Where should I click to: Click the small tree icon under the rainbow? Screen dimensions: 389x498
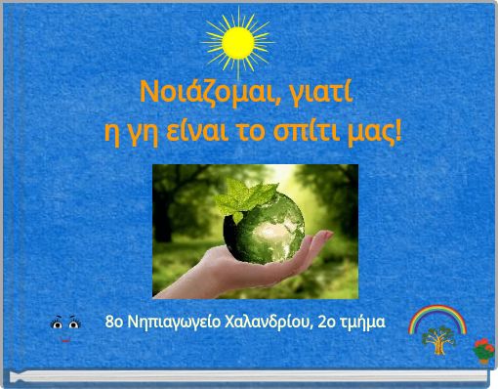[x=436, y=340]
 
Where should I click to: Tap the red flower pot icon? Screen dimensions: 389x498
[x=481, y=350]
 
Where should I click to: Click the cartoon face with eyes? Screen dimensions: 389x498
[x=65, y=326]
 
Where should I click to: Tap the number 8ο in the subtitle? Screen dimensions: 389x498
[x=114, y=322]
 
